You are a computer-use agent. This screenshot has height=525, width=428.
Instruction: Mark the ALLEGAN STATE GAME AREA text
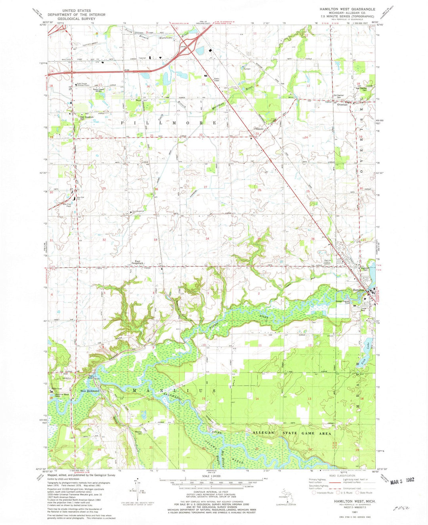point(289,433)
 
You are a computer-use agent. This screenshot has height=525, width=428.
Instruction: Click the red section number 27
point(205,187)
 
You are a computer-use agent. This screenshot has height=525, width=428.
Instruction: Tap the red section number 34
point(207,238)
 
